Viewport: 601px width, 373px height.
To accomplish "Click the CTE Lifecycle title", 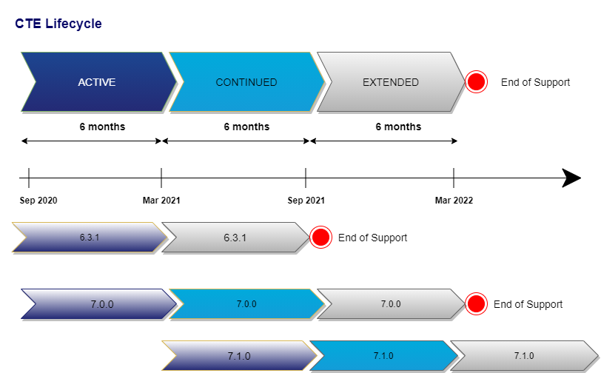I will click(58, 24).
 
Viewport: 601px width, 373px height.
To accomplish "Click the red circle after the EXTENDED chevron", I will click(476, 81).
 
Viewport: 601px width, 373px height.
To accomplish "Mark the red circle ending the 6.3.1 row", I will click(320, 238).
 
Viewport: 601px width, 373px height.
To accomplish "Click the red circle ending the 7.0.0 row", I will click(476, 304).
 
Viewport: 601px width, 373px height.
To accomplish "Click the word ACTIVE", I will click(97, 82).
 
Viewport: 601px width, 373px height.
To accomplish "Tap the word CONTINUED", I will click(246, 82).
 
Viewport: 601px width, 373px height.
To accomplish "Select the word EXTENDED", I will click(391, 82).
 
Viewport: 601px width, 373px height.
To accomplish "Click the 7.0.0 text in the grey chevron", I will click(391, 304).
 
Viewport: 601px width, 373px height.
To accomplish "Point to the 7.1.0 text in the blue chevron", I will click(383, 356).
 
